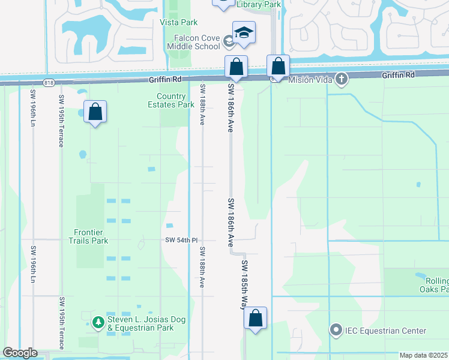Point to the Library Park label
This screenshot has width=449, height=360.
pos(259,4)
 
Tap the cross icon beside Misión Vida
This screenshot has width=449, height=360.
pos(341,79)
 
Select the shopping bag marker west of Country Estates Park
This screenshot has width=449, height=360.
pos(95,112)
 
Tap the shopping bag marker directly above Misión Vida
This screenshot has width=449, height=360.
pos(278,67)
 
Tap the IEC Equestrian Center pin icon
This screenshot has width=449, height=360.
pos(336,331)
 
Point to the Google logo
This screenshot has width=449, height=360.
pos(20,353)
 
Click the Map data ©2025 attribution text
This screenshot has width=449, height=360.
pos(423,355)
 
